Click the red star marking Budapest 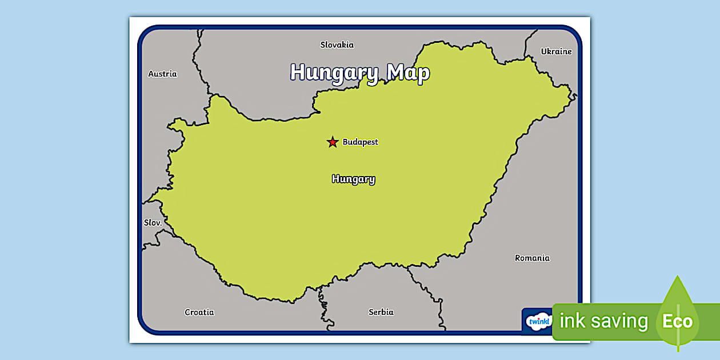point(332,142)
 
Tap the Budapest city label point(360,142)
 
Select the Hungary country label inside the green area point(353,179)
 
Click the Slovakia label point(337,45)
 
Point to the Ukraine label point(556,51)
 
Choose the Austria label point(162,74)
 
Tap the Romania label point(532,258)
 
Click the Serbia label point(381,312)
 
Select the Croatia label point(199,312)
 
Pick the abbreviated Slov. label point(153,223)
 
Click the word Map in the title point(408,73)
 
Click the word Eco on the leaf point(677,321)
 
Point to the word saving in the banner point(620,322)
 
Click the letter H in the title point(298,73)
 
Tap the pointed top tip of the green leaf point(678,277)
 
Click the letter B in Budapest point(346,142)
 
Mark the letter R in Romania point(518,258)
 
